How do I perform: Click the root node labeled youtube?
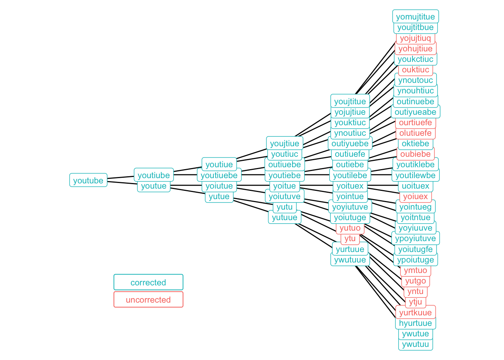click(88, 180)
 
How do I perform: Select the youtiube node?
click(154, 175)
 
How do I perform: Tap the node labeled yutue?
click(219, 196)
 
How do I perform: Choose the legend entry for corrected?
click(148, 282)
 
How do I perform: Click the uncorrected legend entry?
click(148, 300)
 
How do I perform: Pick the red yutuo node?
click(350, 228)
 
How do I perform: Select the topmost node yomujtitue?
click(415, 16)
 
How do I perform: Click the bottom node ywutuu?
click(415, 345)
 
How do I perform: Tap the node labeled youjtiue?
click(285, 143)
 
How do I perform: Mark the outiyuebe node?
click(350, 143)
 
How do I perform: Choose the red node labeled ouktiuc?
click(415, 70)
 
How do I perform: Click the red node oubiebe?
click(415, 154)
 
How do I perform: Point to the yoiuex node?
click(415, 196)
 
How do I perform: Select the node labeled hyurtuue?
click(415, 323)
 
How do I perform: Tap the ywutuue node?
click(350, 259)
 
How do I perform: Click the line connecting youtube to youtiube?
click(121, 177)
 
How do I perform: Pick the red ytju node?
click(415, 302)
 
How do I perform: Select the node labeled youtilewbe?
click(415, 175)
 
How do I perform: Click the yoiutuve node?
click(285, 196)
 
